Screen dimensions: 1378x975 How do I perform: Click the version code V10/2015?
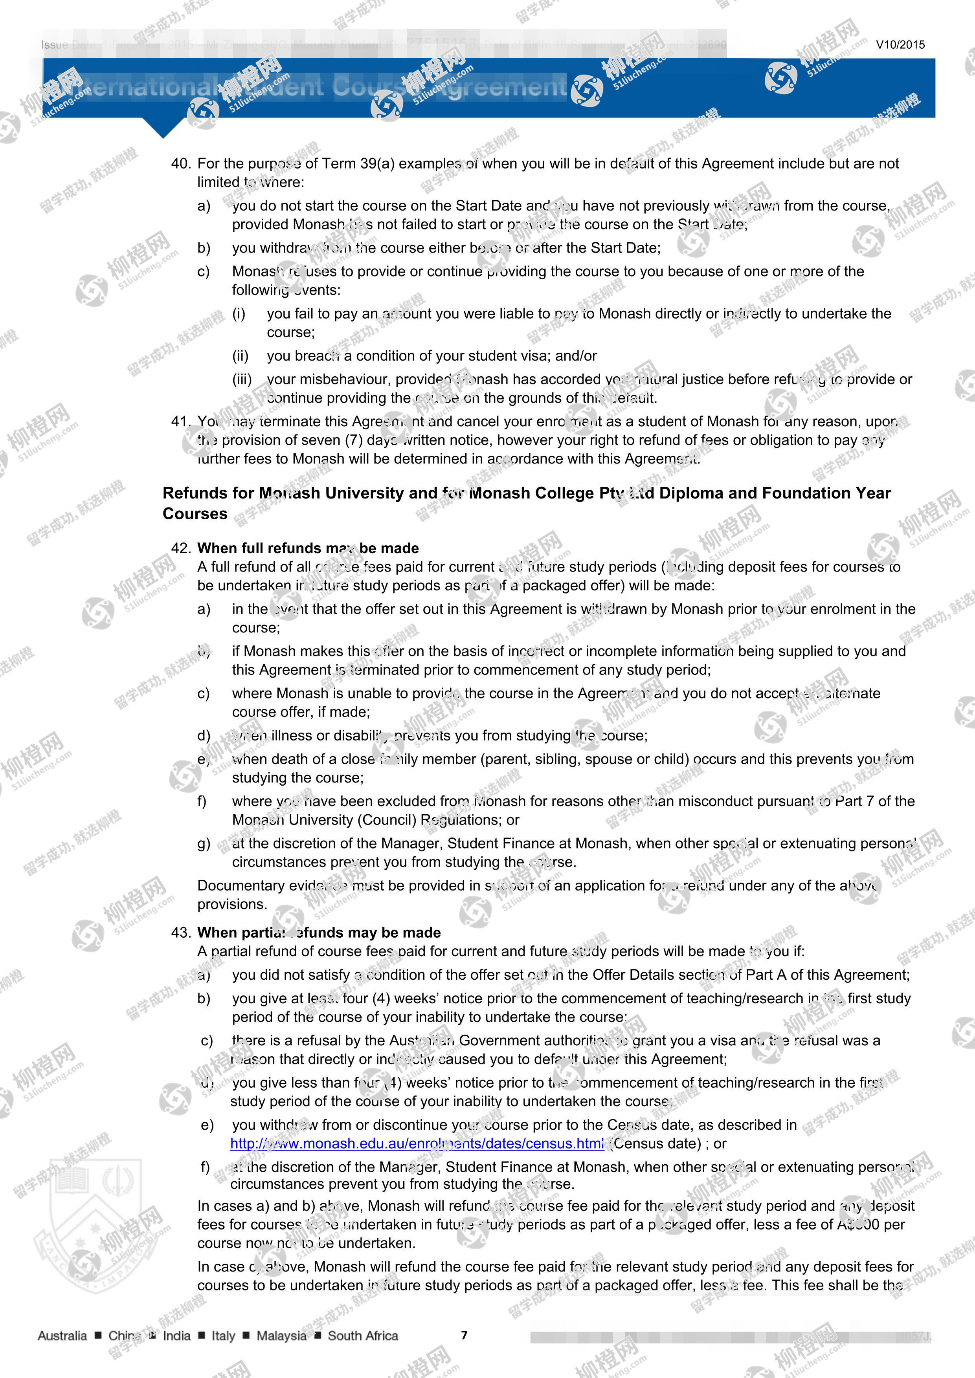[x=900, y=44]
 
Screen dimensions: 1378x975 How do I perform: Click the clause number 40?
[x=181, y=163]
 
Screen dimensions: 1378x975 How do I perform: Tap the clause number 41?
[x=181, y=421]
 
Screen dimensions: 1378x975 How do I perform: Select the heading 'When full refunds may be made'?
[x=308, y=548]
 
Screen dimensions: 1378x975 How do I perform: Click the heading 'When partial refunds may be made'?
[x=319, y=932]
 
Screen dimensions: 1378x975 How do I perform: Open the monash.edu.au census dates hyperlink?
[x=417, y=1143]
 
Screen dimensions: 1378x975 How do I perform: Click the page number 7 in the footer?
[x=464, y=1336]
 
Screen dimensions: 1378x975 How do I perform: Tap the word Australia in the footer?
[x=62, y=1336]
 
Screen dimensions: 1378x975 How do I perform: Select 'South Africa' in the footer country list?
[x=363, y=1336]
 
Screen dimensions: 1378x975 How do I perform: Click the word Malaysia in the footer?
[x=281, y=1336]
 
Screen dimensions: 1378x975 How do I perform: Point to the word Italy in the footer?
[x=223, y=1336]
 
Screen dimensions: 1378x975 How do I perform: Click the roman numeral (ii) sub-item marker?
[x=240, y=356]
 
